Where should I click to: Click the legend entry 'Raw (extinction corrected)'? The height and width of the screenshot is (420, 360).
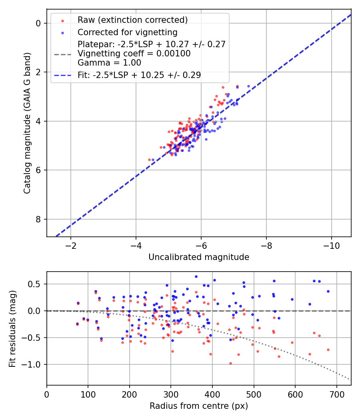click(x=132, y=20)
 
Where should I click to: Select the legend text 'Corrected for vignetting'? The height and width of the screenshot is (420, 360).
click(x=127, y=32)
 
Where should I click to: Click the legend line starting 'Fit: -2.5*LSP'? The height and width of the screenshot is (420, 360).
click(x=139, y=75)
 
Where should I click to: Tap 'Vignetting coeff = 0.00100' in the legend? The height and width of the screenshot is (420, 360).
click(x=134, y=53)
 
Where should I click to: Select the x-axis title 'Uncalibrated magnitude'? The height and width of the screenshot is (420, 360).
click(x=199, y=257)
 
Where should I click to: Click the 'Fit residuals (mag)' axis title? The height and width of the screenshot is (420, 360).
click(x=12, y=328)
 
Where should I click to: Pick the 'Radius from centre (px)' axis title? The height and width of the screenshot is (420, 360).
click(x=199, y=406)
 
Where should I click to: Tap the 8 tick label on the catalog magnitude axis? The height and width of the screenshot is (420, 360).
click(x=38, y=219)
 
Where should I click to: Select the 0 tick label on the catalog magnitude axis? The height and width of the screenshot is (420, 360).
click(x=38, y=23)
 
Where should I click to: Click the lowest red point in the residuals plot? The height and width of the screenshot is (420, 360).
click(x=230, y=363)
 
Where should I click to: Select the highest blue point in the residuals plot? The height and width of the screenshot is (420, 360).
click(x=196, y=276)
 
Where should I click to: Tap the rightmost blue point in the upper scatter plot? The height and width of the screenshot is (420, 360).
click(x=248, y=86)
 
